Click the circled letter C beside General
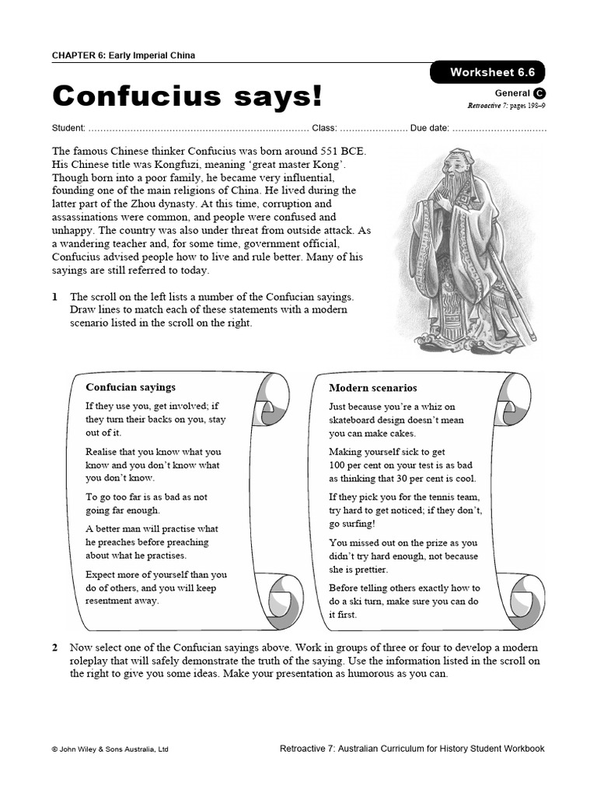coord(539,93)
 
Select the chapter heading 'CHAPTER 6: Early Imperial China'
coord(124,55)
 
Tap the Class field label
coord(323,127)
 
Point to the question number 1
coord(54,297)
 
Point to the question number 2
coord(54,648)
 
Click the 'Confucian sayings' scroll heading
coord(131,387)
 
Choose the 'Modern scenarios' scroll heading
coord(372,388)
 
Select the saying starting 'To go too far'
coord(146,504)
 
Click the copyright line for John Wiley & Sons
coord(110,749)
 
